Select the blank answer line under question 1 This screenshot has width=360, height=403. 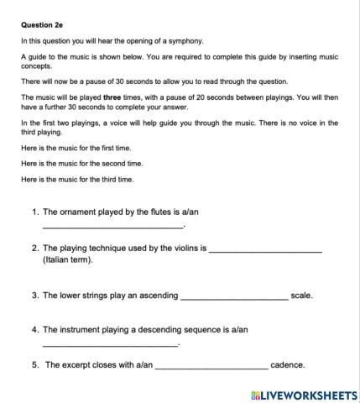coord(112,227)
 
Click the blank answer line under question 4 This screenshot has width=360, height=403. coord(110,344)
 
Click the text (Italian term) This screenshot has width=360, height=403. coord(68,260)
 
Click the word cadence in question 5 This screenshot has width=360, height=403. coord(287,366)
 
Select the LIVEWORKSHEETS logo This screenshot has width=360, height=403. coord(304,394)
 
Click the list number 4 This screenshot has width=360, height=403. coord(34,330)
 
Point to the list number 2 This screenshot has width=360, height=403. coord(34,249)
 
